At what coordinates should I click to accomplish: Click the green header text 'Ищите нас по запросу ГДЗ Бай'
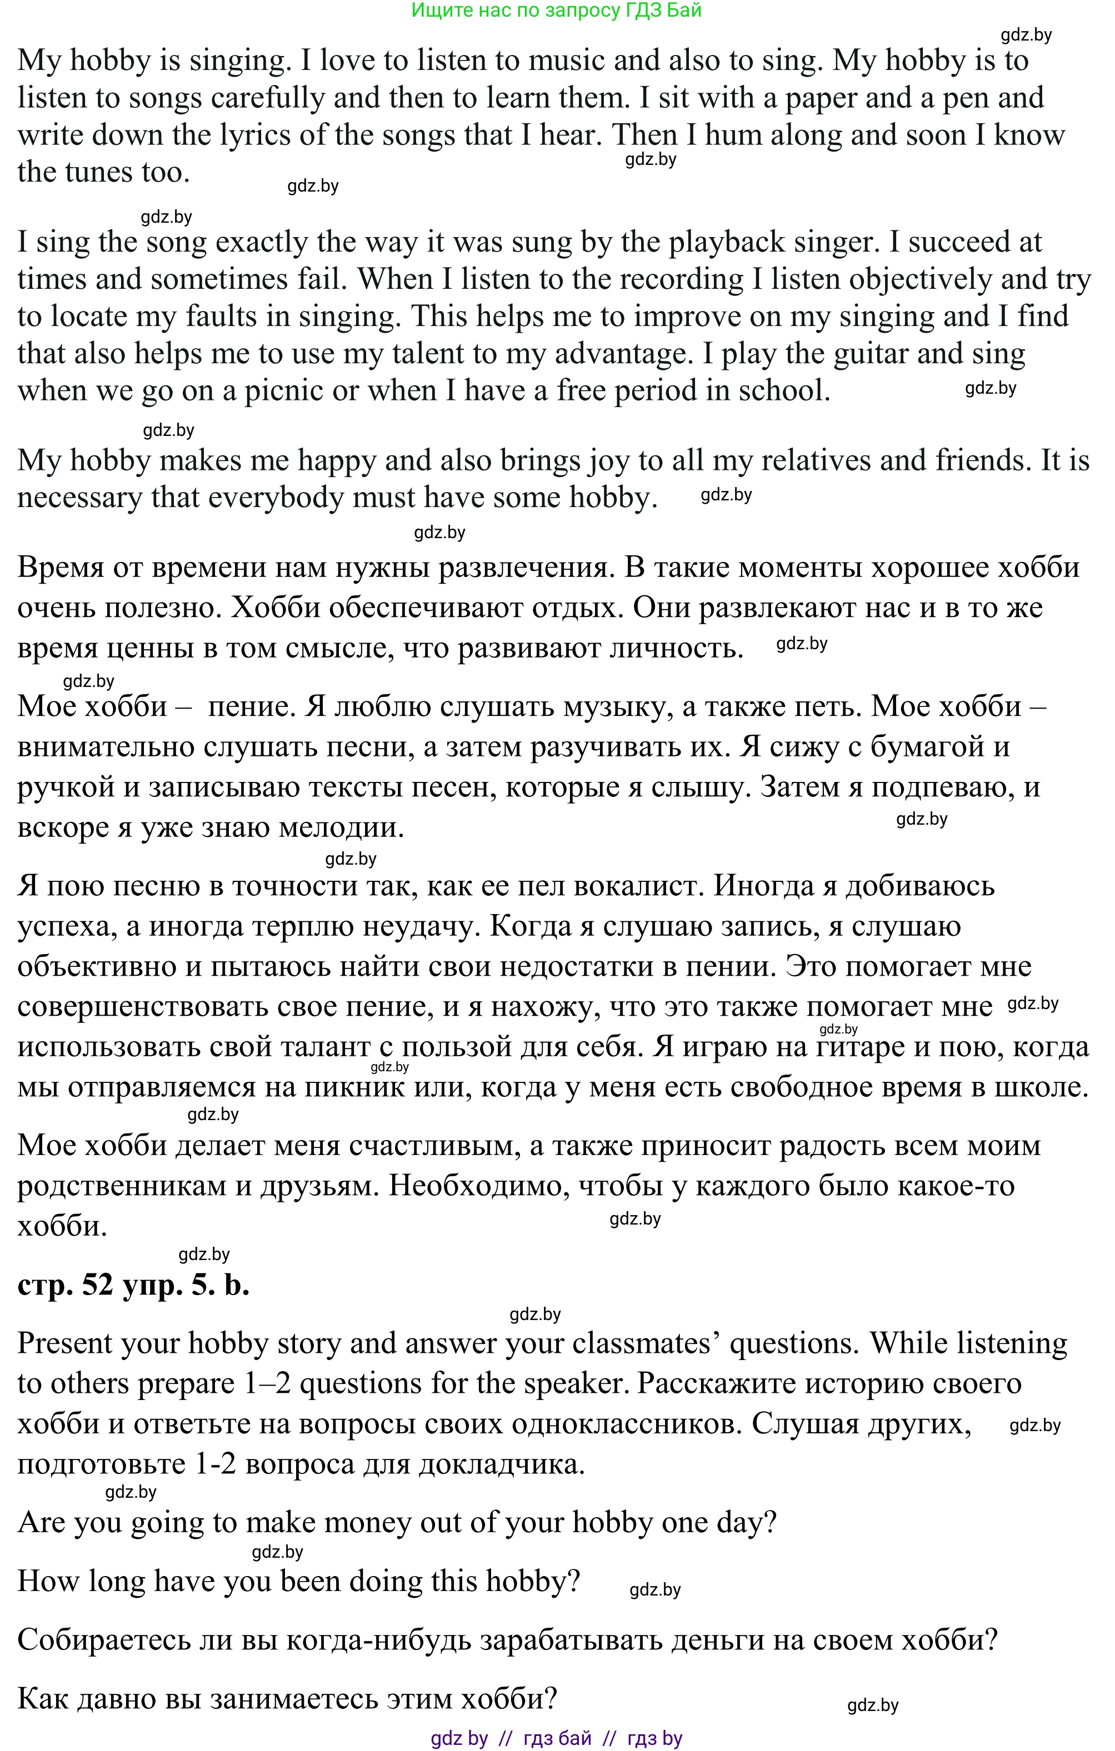[x=557, y=10]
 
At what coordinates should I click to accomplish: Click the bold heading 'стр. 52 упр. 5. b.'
[x=133, y=1286]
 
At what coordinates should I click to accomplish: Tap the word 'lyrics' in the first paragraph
[x=256, y=136]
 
